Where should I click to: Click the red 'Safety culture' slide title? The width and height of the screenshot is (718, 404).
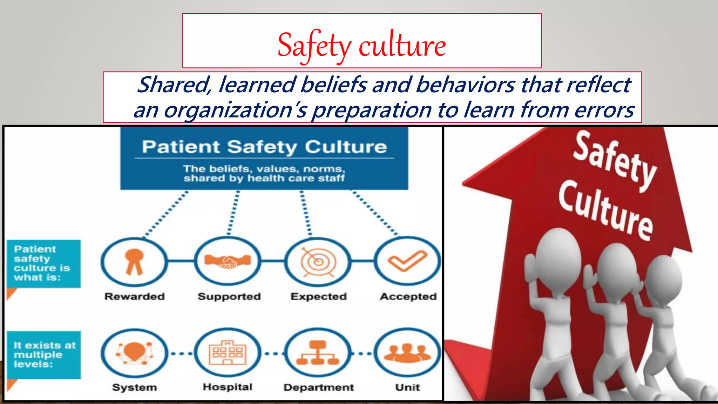[361, 45]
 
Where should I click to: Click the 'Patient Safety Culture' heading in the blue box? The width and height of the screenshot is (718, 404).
[264, 147]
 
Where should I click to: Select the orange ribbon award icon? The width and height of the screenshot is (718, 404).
[134, 262]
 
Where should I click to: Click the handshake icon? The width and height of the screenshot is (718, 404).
[228, 262]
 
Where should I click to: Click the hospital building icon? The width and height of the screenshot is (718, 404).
[228, 353]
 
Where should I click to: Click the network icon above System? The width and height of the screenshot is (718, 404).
[134, 353]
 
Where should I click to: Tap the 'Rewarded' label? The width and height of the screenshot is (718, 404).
[135, 297]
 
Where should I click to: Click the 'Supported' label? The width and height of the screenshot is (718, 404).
[229, 297]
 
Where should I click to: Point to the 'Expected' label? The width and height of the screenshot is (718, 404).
[318, 297]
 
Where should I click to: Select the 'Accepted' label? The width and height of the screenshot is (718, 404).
[408, 297]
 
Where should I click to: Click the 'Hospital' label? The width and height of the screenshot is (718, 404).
[228, 387]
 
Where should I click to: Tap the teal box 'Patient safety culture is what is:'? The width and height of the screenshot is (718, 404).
[43, 264]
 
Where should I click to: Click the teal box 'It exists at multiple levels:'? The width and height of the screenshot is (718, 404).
[43, 355]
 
